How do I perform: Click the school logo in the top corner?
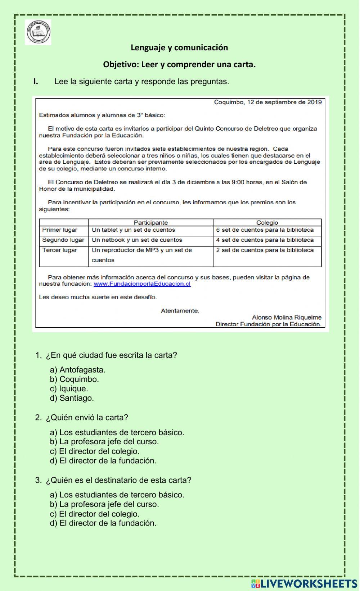38,32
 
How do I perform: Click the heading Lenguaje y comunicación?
179,47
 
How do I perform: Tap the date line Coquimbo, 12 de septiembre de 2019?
267,102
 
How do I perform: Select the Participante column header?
150,223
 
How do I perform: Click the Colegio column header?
267,223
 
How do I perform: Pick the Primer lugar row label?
60,230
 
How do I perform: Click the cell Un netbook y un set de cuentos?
137,240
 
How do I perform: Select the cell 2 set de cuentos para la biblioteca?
265,250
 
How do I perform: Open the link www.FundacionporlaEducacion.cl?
142,284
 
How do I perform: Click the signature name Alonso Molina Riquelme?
287,317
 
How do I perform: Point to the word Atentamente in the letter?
180,310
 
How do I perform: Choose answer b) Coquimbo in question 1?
75,379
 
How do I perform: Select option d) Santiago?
72,398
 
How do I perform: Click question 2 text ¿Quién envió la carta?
86,417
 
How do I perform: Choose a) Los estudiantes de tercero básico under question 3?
117,495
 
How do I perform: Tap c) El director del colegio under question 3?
95,514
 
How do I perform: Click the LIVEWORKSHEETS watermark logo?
304,583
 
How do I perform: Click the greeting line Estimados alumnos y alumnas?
102,115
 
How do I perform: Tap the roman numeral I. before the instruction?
36,81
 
